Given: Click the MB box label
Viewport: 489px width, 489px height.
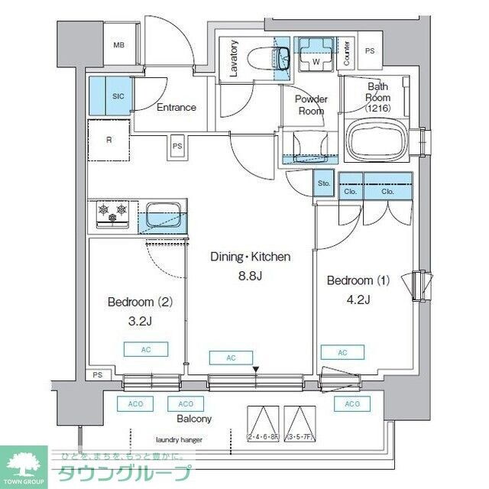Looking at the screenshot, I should [118, 45].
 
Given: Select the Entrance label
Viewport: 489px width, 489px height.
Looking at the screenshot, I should [176, 108].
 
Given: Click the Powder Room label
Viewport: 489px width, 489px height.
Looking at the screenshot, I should [311, 105].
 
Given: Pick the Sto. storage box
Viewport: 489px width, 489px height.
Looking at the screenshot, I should [324, 183].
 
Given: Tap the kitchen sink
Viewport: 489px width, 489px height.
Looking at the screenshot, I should [162, 214].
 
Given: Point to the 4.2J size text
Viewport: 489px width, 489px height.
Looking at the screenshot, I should [358, 299].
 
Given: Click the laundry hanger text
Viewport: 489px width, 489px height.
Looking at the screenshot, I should [180, 440].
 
